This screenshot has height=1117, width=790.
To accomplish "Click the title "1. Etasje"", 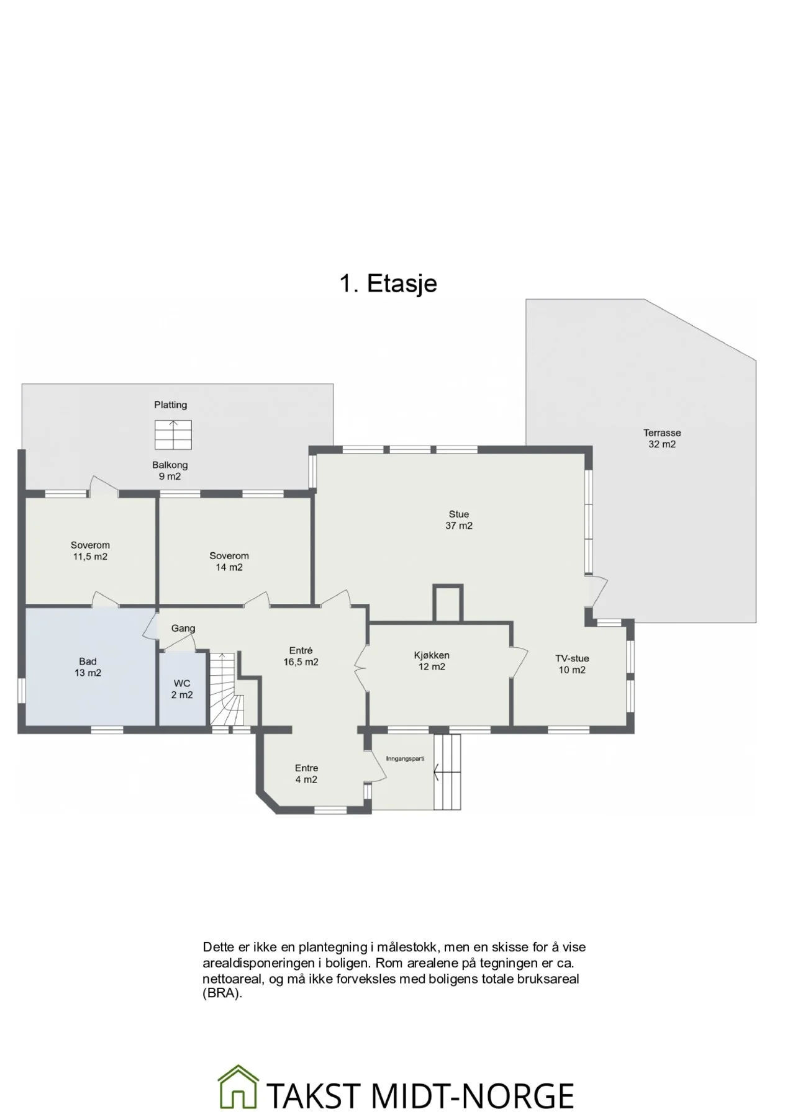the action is click(388, 284).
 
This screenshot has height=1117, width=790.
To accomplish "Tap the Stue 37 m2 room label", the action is click(459, 520).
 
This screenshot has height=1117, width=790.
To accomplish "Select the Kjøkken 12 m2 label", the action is click(432, 661).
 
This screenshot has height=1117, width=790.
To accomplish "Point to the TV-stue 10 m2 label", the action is click(572, 664).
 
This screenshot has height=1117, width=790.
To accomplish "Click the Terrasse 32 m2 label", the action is click(662, 439).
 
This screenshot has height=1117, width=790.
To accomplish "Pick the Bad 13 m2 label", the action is click(88, 667).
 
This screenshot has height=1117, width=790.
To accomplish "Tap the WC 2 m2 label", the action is click(182, 689).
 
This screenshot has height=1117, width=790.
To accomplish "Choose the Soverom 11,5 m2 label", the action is click(90, 551).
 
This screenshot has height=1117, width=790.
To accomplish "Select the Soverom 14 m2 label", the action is click(229, 562).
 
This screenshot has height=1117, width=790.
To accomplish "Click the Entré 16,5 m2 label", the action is click(301, 656).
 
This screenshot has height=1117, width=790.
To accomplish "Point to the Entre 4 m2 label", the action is click(306, 774).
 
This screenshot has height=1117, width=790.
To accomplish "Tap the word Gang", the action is click(183, 628).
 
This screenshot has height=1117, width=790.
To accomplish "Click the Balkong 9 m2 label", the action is click(170, 470).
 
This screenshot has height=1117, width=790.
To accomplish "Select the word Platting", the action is click(171, 405).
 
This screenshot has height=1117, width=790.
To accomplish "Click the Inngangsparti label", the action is click(405, 758).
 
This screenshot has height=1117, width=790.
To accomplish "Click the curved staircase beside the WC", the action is click(226, 689).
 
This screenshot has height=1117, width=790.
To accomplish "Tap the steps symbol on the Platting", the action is click(173, 434).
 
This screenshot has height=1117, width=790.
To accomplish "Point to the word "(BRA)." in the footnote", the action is click(222, 994).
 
